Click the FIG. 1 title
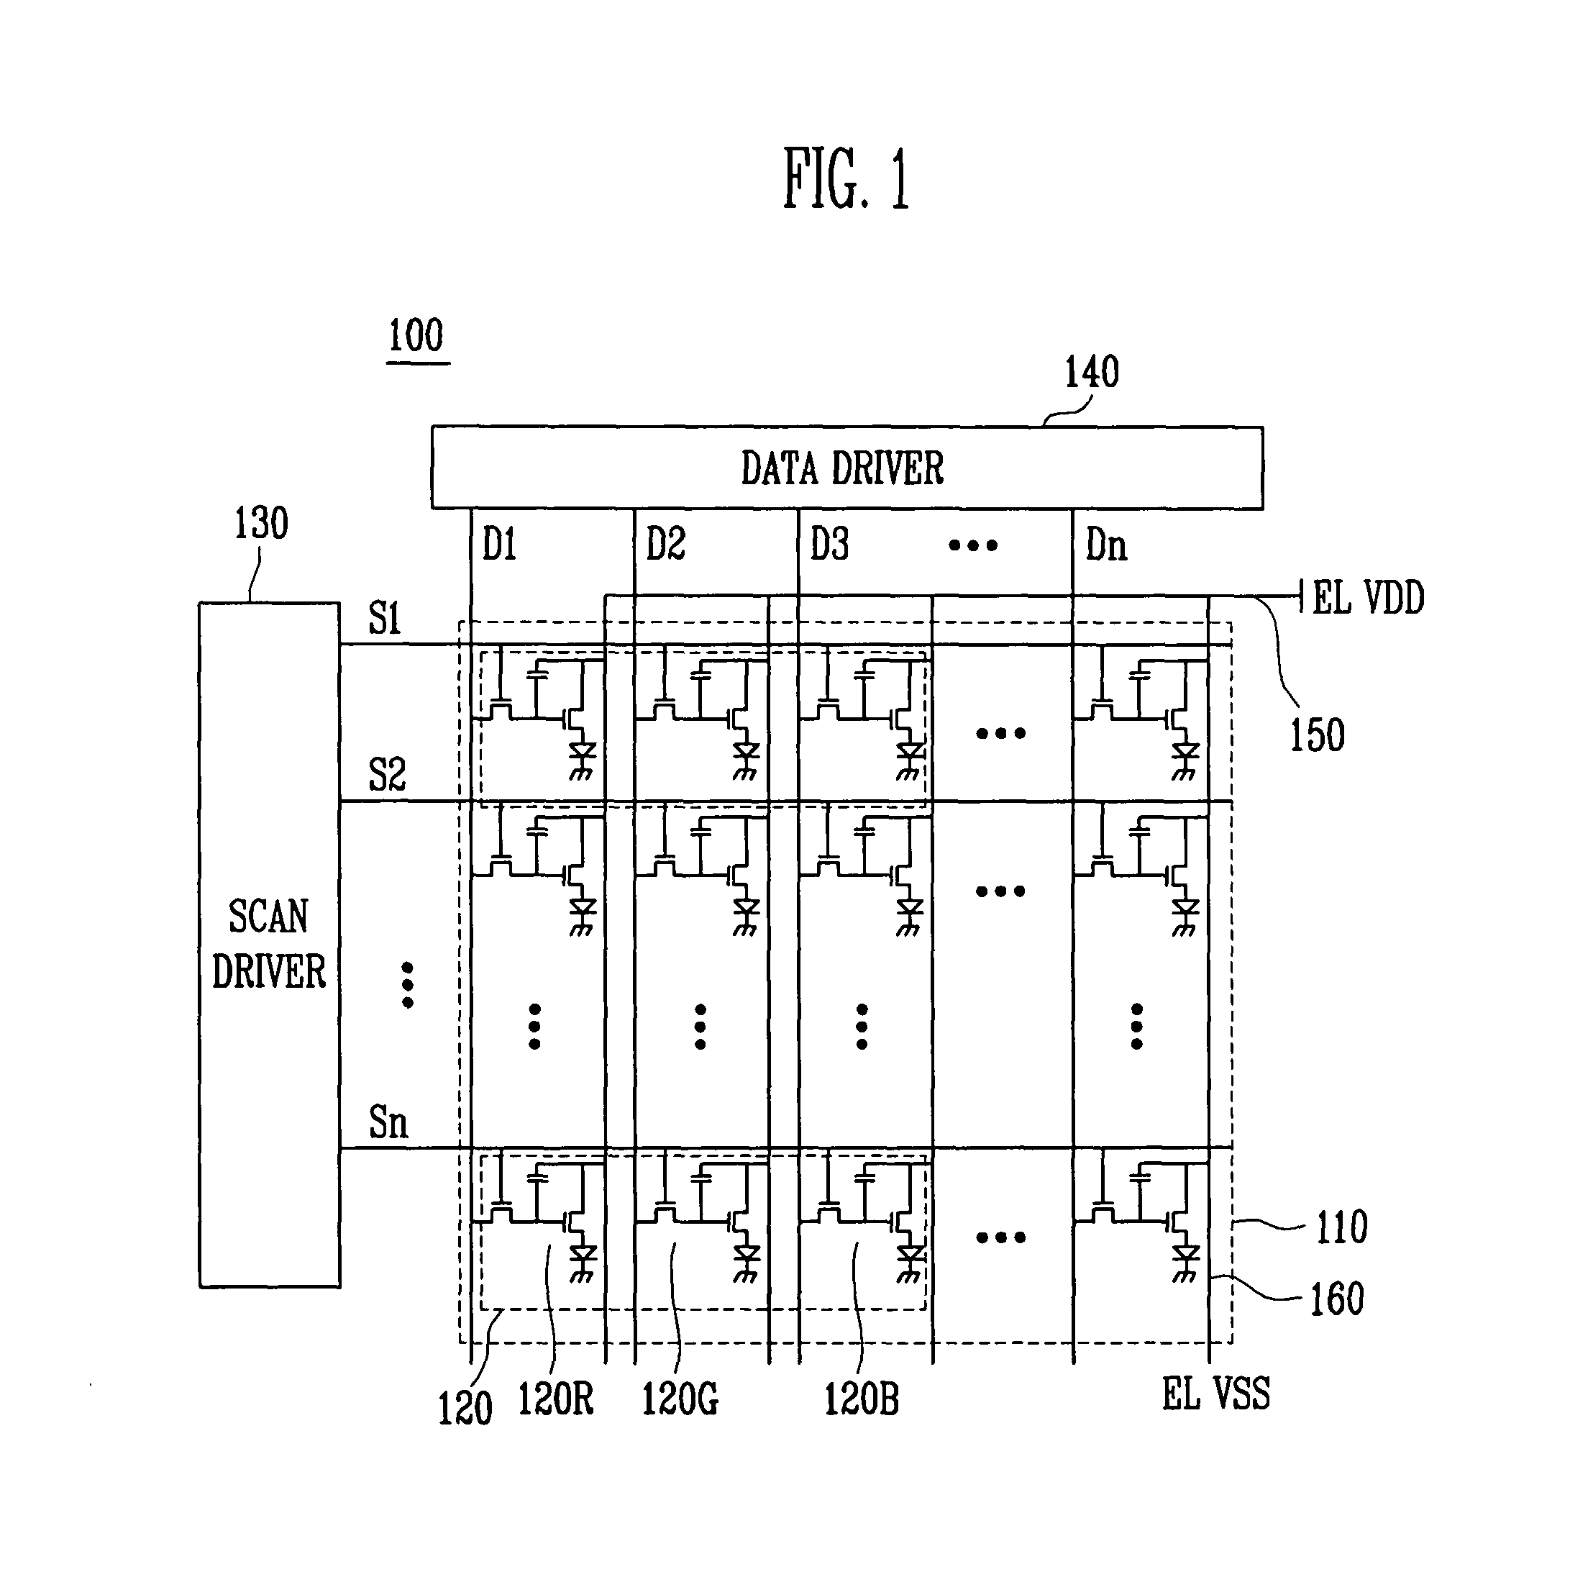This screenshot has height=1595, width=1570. click(x=846, y=178)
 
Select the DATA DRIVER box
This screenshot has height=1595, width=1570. click(x=846, y=468)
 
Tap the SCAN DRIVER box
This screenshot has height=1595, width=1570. click(x=269, y=945)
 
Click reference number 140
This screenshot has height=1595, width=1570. click(x=1092, y=372)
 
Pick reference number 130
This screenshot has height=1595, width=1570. click(x=261, y=523)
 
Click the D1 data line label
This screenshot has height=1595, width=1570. click(x=500, y=545)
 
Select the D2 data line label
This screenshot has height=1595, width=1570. click(x=665, y=545)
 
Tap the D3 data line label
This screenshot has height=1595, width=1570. click(x=829, y=545)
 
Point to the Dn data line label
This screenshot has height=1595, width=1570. click(x=1107, y=545)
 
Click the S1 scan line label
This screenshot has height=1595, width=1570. click(x=385, y=618)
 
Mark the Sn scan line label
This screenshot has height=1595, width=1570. click(x=388, y=1122)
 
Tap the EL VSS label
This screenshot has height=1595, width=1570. click(x=1216, y=1394)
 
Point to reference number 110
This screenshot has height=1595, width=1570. click(x=1341, y=1227)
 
